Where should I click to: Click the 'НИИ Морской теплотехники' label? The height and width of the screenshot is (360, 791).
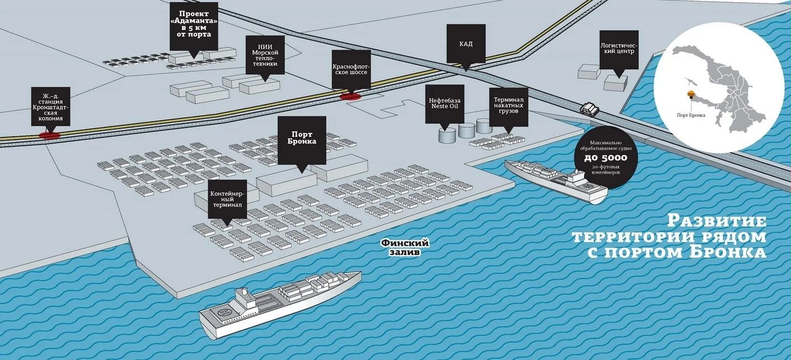point(265,54)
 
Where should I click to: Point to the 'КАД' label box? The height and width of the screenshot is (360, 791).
point(466,43)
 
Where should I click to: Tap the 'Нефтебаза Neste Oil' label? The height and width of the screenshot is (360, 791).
point(444,102)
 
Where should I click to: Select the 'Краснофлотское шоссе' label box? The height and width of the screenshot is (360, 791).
point(351,69)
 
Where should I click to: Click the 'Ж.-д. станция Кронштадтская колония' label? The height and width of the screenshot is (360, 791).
point(51,106)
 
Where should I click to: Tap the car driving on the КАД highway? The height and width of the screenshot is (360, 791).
point(590,109)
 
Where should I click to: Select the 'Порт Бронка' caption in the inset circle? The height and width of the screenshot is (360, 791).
point(691,115)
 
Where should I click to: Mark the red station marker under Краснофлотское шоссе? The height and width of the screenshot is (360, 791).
point(350,96)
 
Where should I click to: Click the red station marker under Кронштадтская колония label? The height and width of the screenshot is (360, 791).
point(49,133)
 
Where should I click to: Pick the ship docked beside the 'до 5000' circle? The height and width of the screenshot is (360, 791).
point(556,178)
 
